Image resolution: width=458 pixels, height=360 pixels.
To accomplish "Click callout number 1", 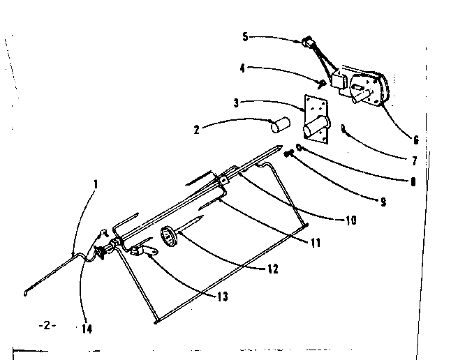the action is coord(96,185).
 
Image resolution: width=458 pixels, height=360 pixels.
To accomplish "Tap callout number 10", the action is coord(350,220).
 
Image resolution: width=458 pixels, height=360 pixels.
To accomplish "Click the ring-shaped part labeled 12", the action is coord(170,237).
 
